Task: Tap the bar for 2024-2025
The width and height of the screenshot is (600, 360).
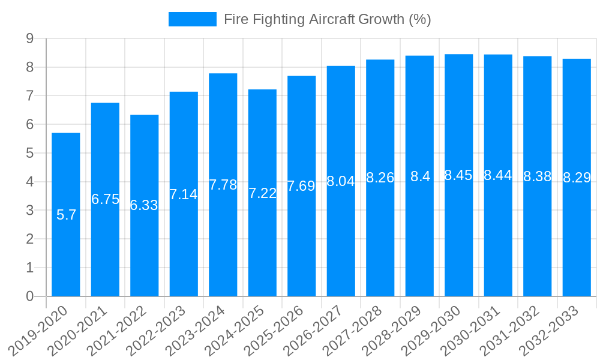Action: tap(262, 240)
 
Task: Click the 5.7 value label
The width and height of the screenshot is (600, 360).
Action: tap(66, 215)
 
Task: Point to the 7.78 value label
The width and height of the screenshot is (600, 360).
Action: tap(223, 185)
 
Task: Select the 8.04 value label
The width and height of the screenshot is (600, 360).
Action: tap(341, 181)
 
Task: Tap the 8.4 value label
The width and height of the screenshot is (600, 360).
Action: tap(420, 176)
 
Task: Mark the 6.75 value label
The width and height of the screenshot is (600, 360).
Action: tap(106, 199)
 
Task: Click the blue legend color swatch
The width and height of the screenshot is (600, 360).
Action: tap(192, 19)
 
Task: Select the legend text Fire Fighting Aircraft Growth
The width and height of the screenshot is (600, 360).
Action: tap(327, 19)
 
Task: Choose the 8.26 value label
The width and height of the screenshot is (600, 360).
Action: tap(380, 178)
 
